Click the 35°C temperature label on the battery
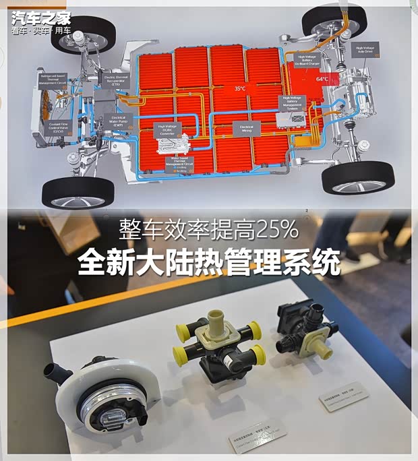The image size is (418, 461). [x=239, y=88]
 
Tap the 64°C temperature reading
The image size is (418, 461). [x=322, y=79]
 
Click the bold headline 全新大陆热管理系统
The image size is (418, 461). [x=208, y=263]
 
